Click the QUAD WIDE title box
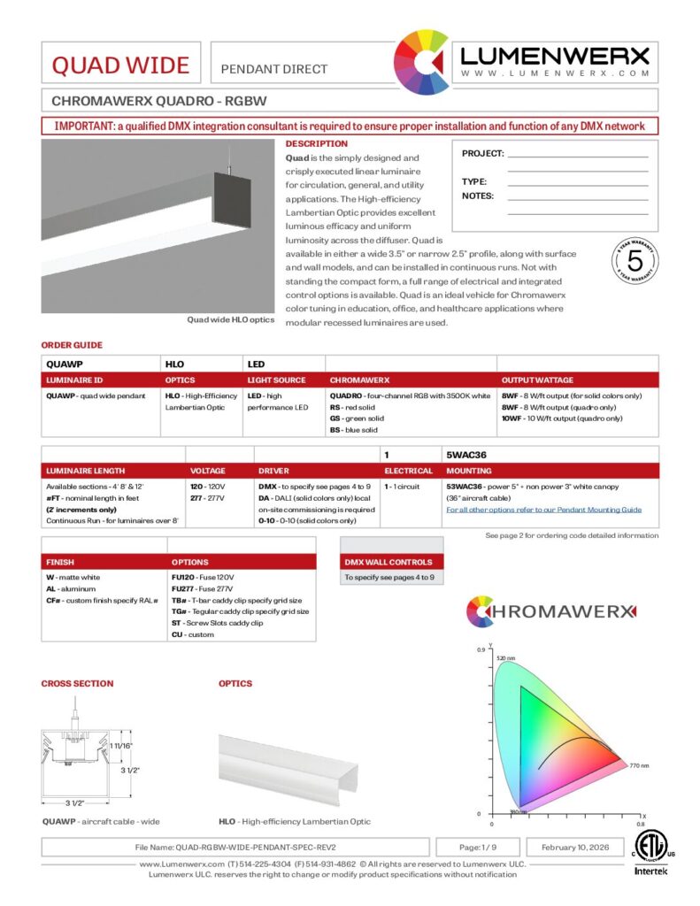click(120, 65)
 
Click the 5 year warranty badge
click(634, 262)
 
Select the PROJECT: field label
click(482, 153)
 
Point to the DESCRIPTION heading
click(317, 143)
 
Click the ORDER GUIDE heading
click(72, 345)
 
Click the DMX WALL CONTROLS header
click(388, 562)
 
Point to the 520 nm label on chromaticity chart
click(505, 658)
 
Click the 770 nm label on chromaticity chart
click(639, 764)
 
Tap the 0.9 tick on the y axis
click(481, 650)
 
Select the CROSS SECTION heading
click(77, 683)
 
